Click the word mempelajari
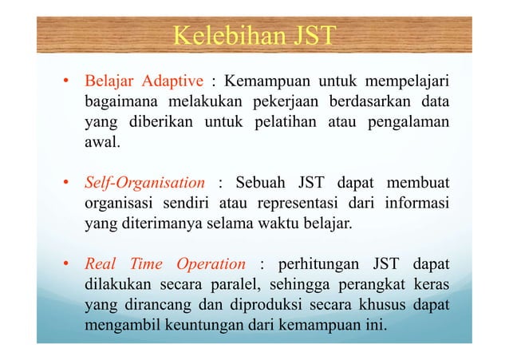(406, 81)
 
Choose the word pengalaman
(406, 124)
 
